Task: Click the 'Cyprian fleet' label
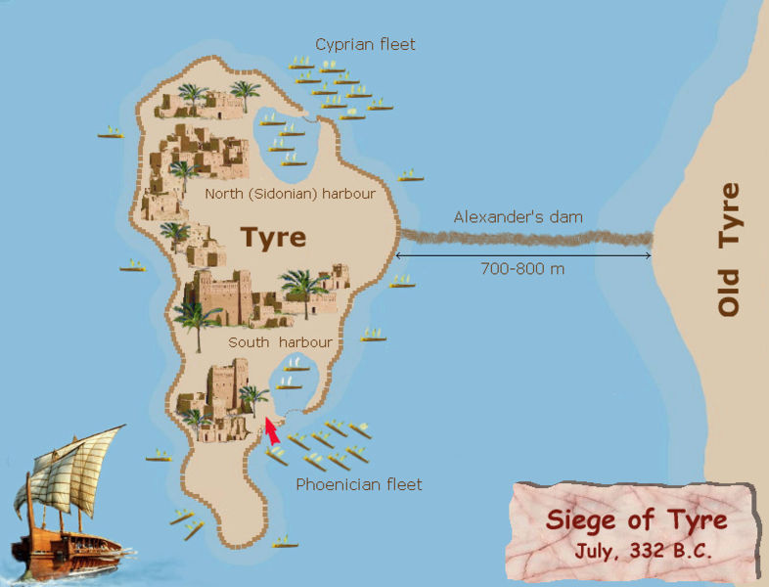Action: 365,45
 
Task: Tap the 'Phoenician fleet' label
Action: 359,484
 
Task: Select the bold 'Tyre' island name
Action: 273,238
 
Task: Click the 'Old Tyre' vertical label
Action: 729,249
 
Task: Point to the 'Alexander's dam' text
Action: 518,217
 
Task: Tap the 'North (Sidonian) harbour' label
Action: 290,194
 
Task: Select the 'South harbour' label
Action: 280,342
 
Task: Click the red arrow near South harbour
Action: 272,431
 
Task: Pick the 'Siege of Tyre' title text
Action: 636,519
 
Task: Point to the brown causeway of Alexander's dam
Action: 528,238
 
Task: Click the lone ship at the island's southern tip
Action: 285,541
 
